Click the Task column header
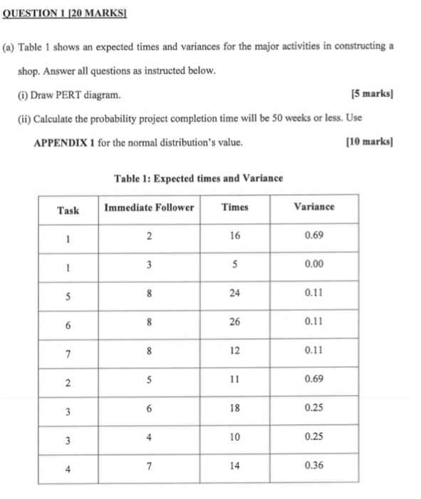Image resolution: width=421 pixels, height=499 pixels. [68, 209]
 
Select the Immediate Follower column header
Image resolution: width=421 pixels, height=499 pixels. [149, 207]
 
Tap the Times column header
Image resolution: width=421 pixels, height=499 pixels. [235, 207]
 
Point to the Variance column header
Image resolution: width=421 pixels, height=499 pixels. [314, 207]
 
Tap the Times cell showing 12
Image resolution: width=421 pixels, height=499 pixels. [235, 351]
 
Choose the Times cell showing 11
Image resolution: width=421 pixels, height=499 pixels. [235, 379]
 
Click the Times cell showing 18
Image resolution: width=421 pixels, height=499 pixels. [235, 409]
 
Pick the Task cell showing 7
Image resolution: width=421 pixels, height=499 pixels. [68, 354]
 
